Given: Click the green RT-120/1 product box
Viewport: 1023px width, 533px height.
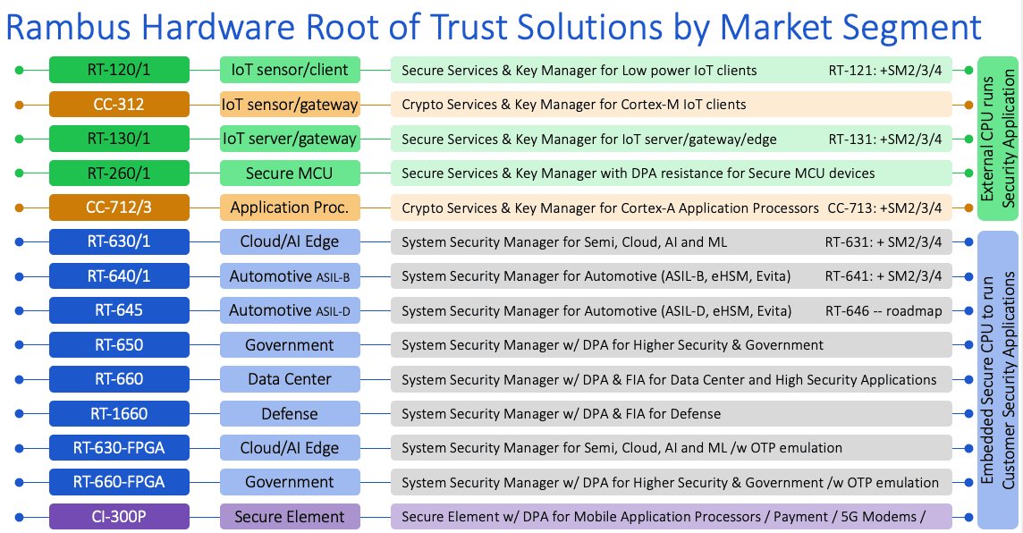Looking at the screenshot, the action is point(120,70).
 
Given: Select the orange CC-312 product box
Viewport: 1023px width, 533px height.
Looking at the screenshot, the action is point(120,105).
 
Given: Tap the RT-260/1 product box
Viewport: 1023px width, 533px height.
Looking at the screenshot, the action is point(120,173).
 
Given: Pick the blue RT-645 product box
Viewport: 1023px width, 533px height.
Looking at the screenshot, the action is point(120,310).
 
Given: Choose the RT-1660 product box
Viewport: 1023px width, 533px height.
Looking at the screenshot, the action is point(120,414).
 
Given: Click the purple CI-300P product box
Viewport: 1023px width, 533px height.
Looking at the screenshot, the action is point(120,517).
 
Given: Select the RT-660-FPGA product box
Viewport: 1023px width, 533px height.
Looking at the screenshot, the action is point(120,482).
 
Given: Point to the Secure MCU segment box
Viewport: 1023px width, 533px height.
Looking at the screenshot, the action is point(290,173).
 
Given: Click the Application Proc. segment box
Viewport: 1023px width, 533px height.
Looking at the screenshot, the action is point(290,207).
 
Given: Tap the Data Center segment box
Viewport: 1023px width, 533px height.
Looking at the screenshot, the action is point(290,379).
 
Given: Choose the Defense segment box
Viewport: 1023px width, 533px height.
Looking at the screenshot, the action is point(290,414).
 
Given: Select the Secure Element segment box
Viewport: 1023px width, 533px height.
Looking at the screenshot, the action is point(290,517).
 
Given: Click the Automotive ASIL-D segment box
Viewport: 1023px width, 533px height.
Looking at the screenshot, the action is point(290,310).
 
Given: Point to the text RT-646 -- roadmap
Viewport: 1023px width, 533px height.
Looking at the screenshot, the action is point(883,311).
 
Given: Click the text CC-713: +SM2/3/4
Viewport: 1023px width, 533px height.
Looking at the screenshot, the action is point(884,208).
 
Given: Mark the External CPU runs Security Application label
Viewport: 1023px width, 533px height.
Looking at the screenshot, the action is point(998,139).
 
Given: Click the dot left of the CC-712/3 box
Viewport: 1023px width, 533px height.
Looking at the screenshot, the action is point(19,207).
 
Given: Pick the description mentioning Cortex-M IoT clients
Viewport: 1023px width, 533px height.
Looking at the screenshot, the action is point(573,105).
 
